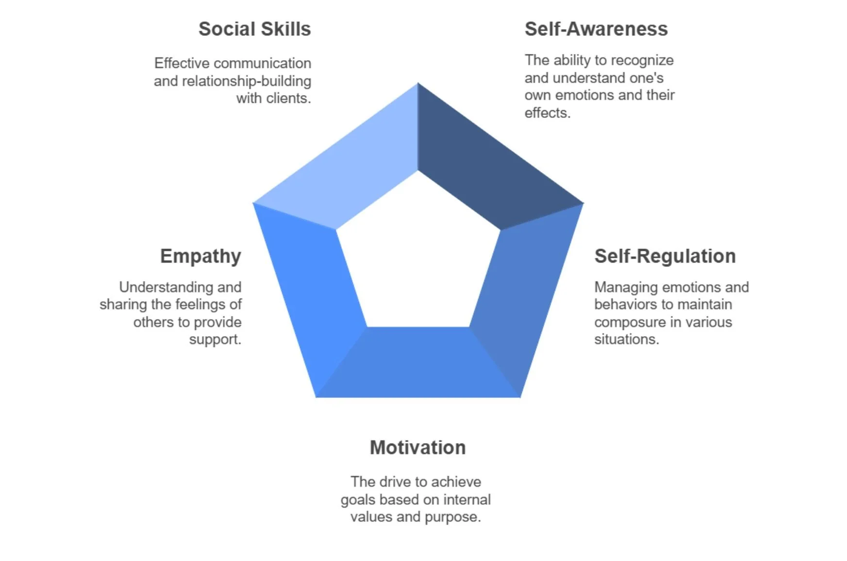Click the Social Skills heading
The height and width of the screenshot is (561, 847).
pos(254,29)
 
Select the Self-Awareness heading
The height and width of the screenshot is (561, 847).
pos(596,29)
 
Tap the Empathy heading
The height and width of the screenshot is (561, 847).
pos(200,256)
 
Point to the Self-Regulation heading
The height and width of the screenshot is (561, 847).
pos(664,256)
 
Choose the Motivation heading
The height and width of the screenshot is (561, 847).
pos(417,447)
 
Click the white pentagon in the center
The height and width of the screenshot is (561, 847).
pos(417,257)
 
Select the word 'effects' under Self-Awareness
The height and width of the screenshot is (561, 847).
pos(547,113)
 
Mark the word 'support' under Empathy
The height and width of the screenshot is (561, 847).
pos(214,339)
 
